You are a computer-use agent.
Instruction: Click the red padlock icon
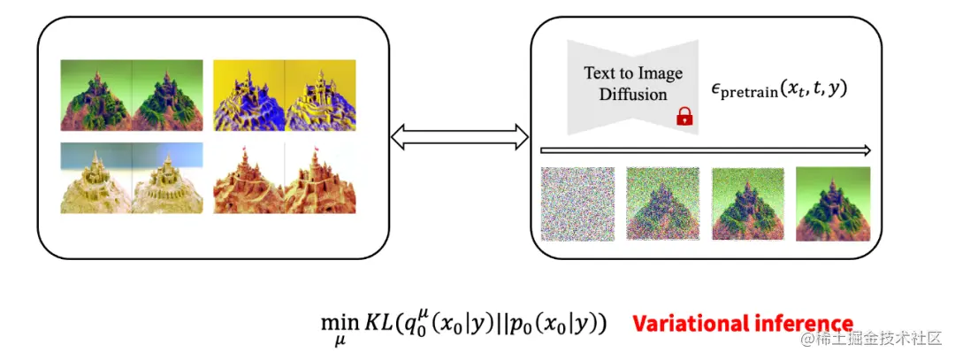[683, 116]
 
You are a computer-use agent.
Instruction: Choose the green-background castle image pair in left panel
[132, 95]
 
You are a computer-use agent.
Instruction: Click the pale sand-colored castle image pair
[132, 178]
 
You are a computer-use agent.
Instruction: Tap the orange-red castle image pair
[285, 178]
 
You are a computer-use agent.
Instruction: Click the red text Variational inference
[743, 324]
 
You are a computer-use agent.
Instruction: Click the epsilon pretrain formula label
[779, 89]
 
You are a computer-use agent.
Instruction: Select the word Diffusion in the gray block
[632, 94]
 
